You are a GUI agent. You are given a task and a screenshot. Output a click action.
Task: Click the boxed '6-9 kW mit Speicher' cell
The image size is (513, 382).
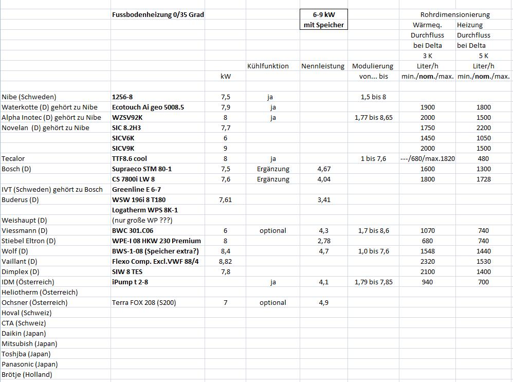[324, 20]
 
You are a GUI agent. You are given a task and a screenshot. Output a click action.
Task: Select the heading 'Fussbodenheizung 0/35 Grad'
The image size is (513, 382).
[158, 14]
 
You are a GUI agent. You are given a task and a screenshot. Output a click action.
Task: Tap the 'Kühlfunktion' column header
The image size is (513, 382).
[268, 66]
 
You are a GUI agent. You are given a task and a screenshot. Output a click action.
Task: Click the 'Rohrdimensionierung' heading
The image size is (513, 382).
[455, 14]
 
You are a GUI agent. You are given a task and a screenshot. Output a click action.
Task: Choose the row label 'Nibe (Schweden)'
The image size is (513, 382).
[29, 97]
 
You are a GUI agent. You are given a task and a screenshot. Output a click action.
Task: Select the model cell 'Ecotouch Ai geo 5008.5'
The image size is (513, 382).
[148, 107]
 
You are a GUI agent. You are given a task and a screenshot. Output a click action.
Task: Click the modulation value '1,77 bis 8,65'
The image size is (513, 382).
[373, 117]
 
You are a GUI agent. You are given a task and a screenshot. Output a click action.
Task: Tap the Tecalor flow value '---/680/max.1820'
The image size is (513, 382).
[427, 158]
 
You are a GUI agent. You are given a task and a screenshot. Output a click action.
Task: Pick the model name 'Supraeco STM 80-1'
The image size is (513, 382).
[142, 169]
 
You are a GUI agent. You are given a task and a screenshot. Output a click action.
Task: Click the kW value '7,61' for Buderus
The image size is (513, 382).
[225, 199]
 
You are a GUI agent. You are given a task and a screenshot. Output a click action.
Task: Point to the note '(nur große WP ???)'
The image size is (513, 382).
[142, 220]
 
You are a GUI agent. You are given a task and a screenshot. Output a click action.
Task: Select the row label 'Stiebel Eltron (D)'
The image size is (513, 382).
[29, 241]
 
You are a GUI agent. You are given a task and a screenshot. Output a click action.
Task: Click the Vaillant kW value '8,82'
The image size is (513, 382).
[225, 261]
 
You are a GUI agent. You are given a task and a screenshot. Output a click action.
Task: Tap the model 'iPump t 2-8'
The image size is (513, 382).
[130, 282]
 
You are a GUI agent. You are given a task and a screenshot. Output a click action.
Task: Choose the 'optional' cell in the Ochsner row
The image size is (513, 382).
[273, 302]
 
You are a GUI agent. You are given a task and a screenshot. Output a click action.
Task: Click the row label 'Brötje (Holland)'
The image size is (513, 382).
[27, 374]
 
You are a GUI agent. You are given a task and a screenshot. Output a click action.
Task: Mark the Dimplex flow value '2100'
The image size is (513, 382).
[427, 271]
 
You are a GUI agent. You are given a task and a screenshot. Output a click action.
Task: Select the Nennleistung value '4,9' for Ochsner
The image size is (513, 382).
[323, 302]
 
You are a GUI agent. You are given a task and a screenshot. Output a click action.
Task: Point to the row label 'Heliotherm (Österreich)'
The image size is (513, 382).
[40, 292]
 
